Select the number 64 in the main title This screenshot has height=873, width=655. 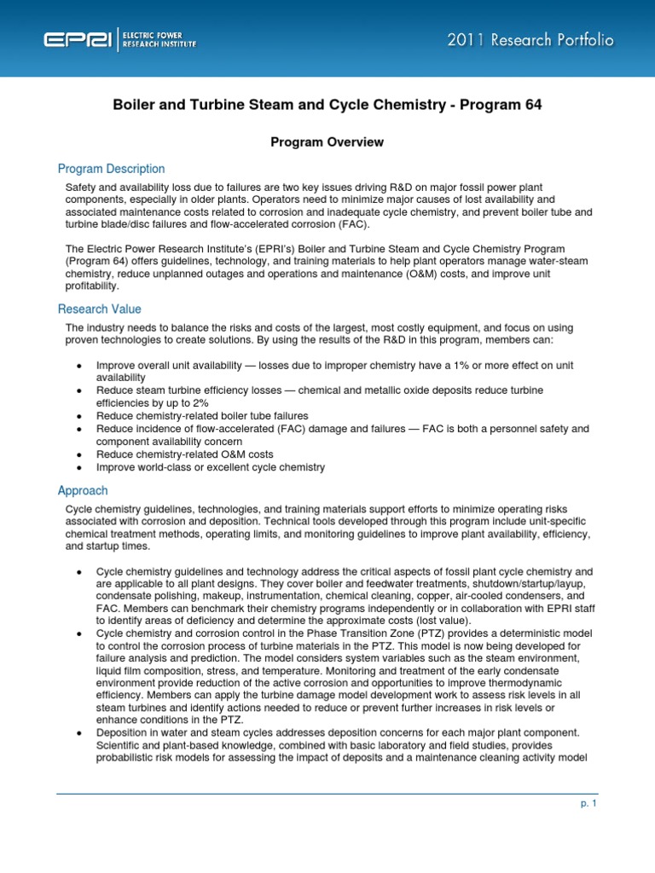(532, 105)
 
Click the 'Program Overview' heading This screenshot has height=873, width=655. (327, 142)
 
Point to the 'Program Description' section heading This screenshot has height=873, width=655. (111, 169)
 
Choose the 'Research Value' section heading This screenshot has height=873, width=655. (99, 309)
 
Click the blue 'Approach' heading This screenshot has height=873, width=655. (83, 490)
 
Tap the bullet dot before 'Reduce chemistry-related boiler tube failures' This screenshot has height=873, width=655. (78, 416)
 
